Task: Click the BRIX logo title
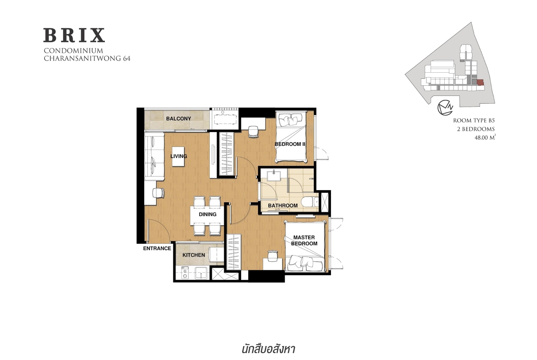(74, 35)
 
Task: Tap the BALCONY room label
(179, 118)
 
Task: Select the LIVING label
(179, 156)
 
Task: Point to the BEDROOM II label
(290, 144)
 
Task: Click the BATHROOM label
(283, 206)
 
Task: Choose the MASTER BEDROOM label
(304, 240)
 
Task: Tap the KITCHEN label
(194, 255)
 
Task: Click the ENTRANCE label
(157, 248)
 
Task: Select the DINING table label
(208, 214)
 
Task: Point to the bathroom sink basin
(274, 175)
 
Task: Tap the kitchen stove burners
(185, 273)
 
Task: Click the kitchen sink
(201, 273)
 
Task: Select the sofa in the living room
(154, 156)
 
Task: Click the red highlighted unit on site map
(480, 82)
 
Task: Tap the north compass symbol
(445, 108)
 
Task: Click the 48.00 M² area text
(485, 138)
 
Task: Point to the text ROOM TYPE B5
(474, 120)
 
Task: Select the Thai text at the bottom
(268, 349)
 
